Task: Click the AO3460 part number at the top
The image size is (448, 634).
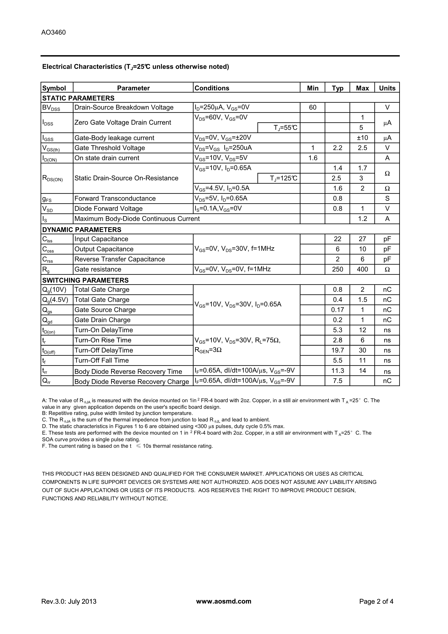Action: (x=53, y=33)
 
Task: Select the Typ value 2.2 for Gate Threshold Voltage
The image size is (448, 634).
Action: (x=337, y=148)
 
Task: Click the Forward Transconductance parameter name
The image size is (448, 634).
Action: (x=115, y=199)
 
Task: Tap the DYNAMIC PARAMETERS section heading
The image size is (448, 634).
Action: (x=82, y=230)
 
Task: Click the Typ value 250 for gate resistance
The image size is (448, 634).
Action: (x=337, y=269)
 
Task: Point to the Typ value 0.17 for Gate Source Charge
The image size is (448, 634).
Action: (x=337, y=310)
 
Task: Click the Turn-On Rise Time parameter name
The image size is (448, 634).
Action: (x=103, y=340)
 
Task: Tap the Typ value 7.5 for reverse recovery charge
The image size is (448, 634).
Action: (x=337, y=381)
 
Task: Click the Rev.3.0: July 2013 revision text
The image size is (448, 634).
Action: (x=69, y=601)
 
